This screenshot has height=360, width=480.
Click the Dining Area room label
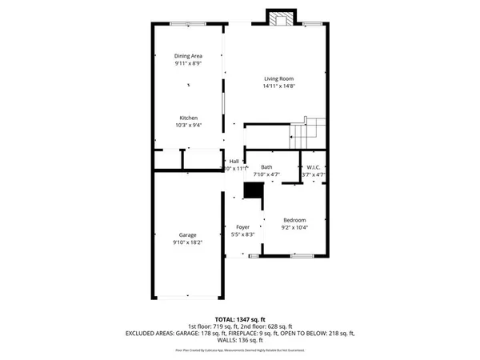tap(188, 55)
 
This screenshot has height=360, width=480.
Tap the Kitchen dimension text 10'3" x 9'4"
tap(188, 125)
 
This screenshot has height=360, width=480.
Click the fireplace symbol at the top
tap(279, 19)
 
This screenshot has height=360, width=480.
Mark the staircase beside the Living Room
tap(308, 130)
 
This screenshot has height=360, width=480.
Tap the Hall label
tap(234, 161)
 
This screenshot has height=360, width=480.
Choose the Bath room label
tap(266, 166)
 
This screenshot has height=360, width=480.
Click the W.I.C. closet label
tap(313, 166)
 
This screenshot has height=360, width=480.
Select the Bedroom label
tap(295, 220)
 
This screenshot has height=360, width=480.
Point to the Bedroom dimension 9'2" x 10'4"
tap(295, 227)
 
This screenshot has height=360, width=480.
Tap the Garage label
tap(188, 234)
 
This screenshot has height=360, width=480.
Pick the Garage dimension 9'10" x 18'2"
tap(188, 242)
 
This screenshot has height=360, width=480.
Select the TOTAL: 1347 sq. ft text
tap(240, 318)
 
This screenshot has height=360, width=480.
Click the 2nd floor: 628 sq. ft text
tap(267, 326)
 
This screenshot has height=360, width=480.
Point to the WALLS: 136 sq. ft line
tap(240, 340)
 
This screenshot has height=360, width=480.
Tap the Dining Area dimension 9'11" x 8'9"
tap(188, 63)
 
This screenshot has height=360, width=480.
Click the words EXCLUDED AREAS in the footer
tap(150, 333)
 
